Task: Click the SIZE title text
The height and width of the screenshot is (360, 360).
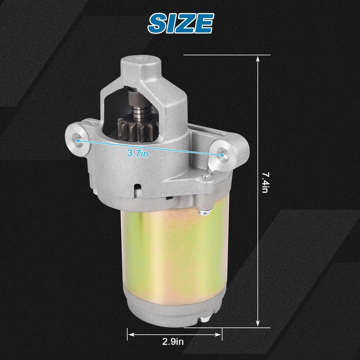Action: point(180,23)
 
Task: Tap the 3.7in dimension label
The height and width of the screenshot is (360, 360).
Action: point(138,153)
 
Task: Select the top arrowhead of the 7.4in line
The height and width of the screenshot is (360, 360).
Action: point(258,58)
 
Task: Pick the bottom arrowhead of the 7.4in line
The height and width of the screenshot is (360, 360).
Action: point(258,323)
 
